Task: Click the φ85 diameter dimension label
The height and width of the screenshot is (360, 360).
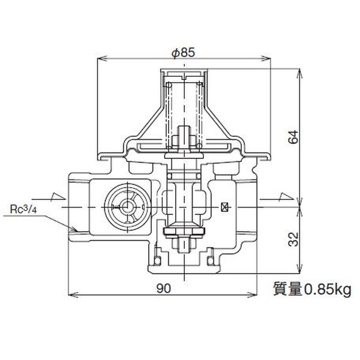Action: pyautogui.click(x=184, y=53)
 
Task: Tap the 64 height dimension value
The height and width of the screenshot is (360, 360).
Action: pyautogui.click(x=293, y=137)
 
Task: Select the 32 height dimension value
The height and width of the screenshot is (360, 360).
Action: pyautogui.click(x=293, y=239)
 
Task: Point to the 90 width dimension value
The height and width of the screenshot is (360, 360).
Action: pyautogui.click(x=164, y=289)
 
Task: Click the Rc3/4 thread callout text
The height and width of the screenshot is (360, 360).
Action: pyautogui.click(x=23, y=209)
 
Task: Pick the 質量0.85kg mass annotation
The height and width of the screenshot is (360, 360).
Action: pyautogui.click(x=312, y=290)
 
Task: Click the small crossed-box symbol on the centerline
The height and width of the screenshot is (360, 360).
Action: pyautogui.click(x=224, y=208)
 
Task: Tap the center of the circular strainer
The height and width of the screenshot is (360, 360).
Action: pyautogui.click(x=126, y=208)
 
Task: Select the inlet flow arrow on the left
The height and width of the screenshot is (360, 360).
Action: pyautogui.click(x=49, y=197)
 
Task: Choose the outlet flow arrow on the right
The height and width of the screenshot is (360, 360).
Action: pyautogui.click(x=277, y=197)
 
